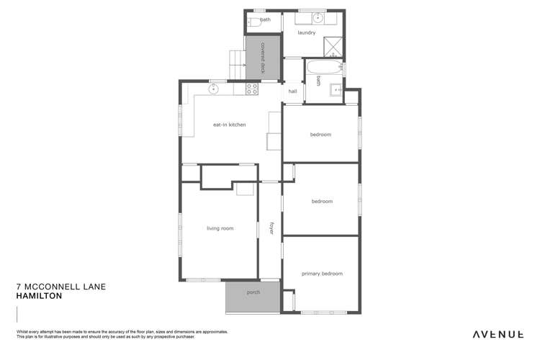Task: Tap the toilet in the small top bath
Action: [253, 22]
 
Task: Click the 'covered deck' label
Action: [264, 58]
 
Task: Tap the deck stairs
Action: [236, 63]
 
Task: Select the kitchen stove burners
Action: [252, 89]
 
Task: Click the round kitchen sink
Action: [213, 89]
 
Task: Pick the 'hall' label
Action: [292, 91]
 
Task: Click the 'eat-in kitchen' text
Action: [229, 125]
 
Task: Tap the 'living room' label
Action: [220, 228]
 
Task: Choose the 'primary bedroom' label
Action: [322, 274]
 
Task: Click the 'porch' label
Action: [253, 292]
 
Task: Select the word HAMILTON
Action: [39, 296]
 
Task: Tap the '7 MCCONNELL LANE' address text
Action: [60, 287]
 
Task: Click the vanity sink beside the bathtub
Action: [336, 89]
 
